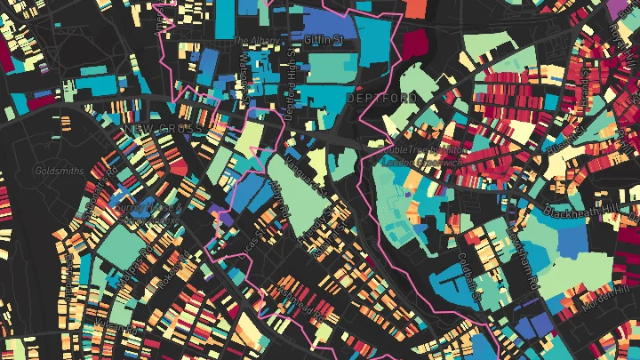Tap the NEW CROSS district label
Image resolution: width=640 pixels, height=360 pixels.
[164, 129]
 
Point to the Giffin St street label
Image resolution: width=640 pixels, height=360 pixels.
[323, 40]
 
